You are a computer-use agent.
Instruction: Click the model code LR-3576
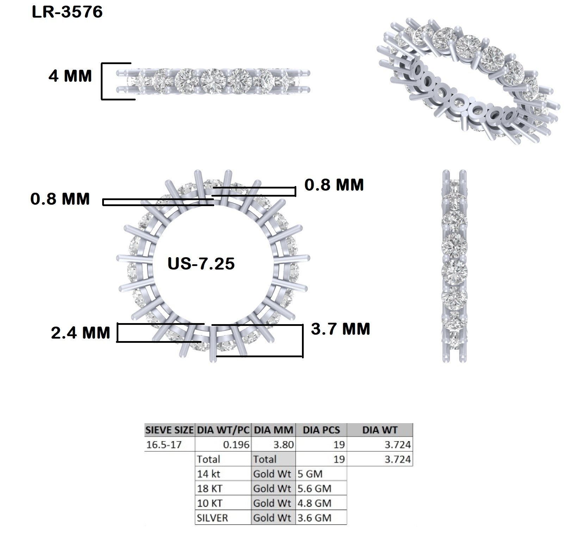click(67, 12)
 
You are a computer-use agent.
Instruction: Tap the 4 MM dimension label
click(70, 76)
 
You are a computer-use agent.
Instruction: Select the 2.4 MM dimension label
click(81, 333)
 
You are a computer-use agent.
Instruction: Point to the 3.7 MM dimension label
click(341, 329)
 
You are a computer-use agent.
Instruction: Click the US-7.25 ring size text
click(201, 264)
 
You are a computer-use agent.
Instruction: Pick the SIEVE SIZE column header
click(169, 430)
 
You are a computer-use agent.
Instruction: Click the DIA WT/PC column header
click(223, 430)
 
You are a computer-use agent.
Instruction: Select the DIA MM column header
click(273, 430)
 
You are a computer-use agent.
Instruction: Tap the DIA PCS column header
click(322, 430)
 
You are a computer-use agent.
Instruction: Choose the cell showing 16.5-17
click(164, 445)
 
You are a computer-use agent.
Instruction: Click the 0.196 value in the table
click(236, 445)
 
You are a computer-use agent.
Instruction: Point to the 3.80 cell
click(284, 445)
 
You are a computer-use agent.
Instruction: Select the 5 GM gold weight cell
click(310, 474)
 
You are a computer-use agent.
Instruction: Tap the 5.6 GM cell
click(314, 488)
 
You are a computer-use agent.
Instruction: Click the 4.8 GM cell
click(314, 503)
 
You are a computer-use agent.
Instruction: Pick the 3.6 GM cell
click(314, 518)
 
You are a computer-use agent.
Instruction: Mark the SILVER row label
click(212, 518)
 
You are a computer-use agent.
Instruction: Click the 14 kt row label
click(209, 474)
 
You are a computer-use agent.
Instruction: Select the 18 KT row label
click(210, 488)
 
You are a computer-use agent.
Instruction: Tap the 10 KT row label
click(210, 503)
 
